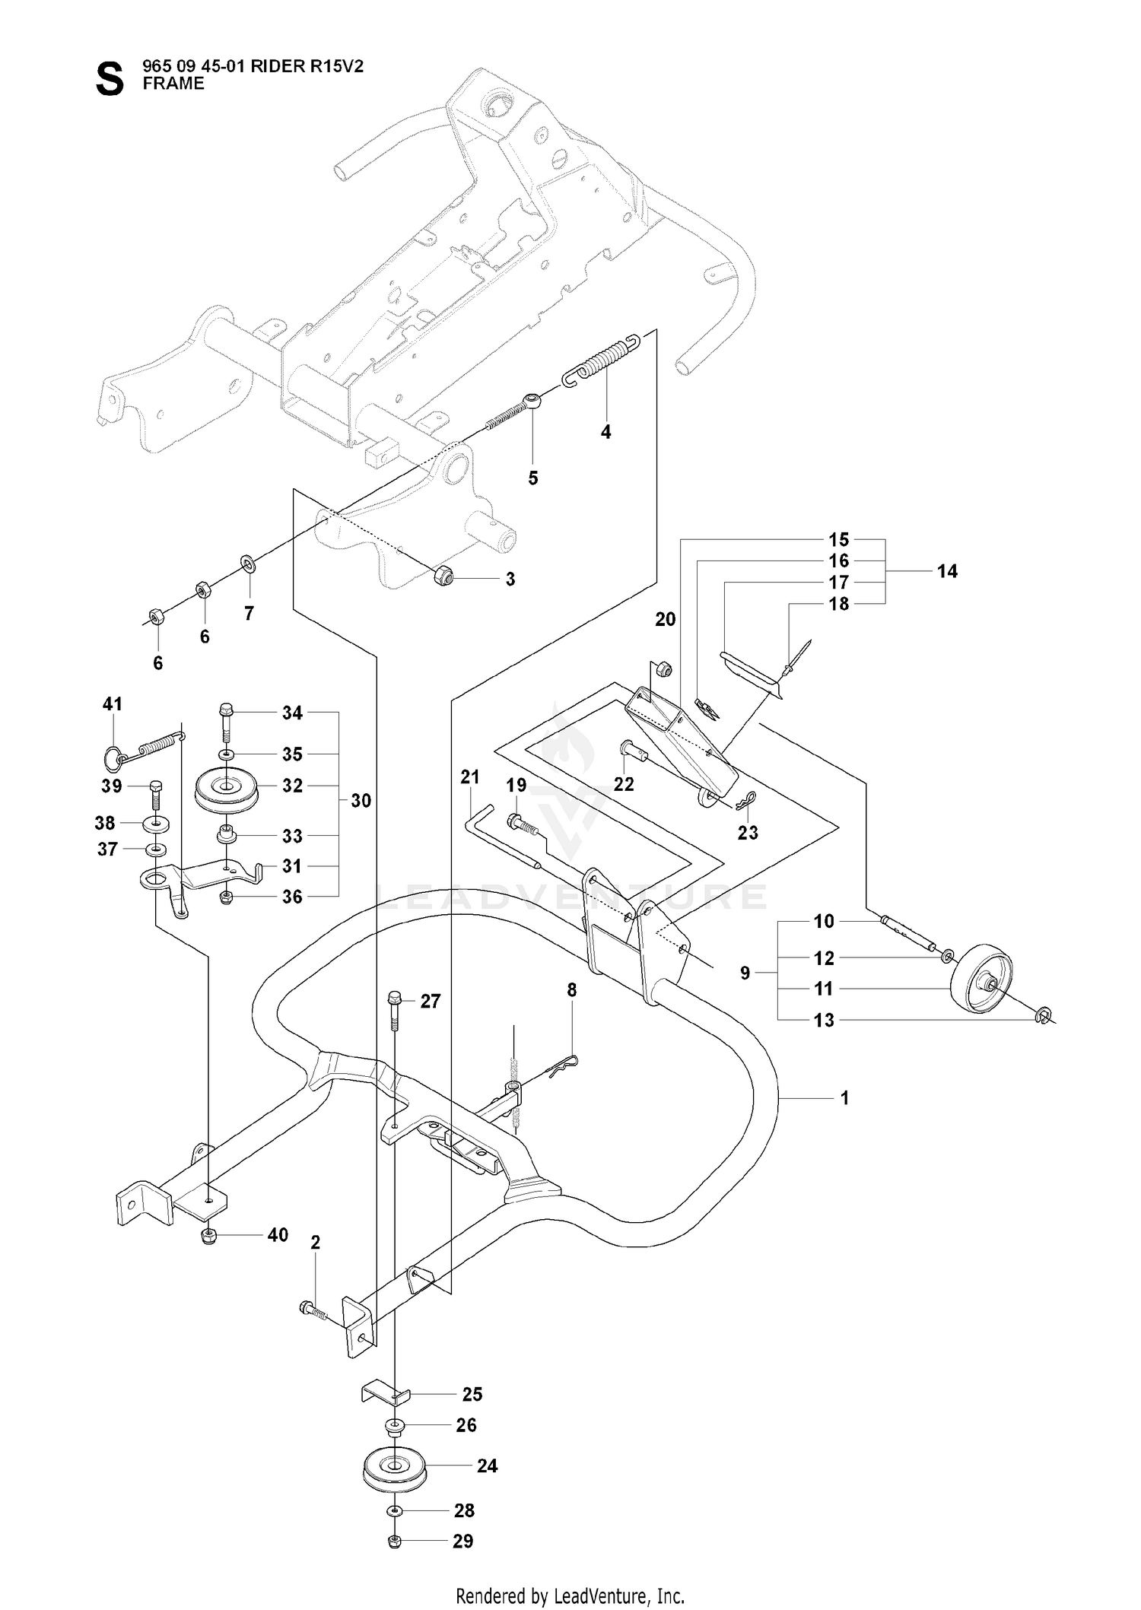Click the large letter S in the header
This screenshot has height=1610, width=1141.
click(110, 79)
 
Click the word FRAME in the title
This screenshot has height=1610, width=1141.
click(173, 84)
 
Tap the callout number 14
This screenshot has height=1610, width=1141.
click(947, 571)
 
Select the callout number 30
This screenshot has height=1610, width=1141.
click(361, 801)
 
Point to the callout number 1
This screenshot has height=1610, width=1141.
click(844, 1098)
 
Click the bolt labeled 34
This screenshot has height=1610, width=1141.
click(225, 723)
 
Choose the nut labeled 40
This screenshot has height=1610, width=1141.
click(209, 1236)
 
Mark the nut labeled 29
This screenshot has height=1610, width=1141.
click(394, 1542)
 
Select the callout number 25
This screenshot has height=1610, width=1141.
click(472, 1394)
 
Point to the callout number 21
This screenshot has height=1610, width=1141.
click(471, 776)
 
